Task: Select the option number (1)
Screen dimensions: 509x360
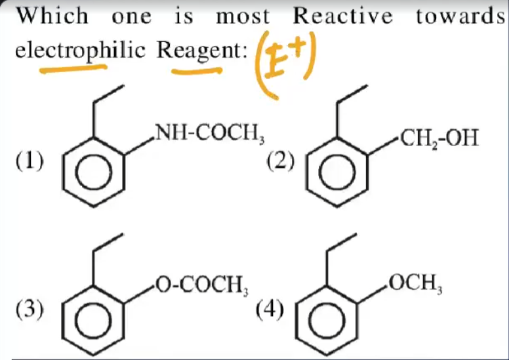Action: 30,161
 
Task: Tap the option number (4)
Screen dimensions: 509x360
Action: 270,308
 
